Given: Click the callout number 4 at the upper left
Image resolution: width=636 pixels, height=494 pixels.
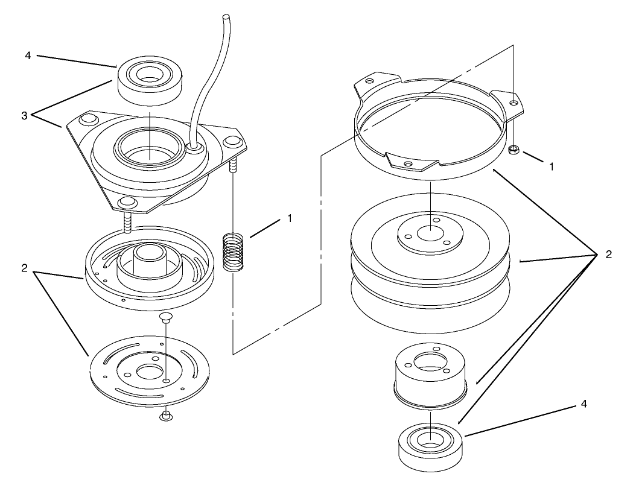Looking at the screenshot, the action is [x=28, y=55].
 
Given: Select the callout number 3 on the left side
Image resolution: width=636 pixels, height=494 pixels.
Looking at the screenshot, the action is [x=24, y=116].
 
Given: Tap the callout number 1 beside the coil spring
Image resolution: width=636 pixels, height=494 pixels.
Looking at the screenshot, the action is [x=290, y=218].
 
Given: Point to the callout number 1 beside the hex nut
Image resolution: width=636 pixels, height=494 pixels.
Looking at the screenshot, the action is [x=551, y=166].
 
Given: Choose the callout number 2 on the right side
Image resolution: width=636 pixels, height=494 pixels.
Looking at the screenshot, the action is [x=608, y=255].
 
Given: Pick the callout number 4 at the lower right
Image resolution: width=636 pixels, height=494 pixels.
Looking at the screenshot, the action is [x=584, y=404].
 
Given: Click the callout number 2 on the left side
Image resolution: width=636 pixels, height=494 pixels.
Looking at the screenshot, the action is [x=24, y=268].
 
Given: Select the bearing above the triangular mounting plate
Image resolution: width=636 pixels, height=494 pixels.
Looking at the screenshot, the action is [x=149, y=80].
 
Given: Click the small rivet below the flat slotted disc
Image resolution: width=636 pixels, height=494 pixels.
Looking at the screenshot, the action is [x=165, y=416].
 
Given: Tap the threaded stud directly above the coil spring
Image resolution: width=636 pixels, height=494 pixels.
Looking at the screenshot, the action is [x=233, y=165].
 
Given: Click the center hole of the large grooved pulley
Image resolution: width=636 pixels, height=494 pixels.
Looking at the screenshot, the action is [x=431, y=235].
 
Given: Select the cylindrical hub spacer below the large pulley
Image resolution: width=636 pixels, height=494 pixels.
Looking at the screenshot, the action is [x=431, y=374].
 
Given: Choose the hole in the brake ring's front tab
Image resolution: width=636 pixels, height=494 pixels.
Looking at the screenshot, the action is [x=409, y=164].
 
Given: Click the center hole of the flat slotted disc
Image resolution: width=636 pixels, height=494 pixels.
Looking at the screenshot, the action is [x=149, y=371].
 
